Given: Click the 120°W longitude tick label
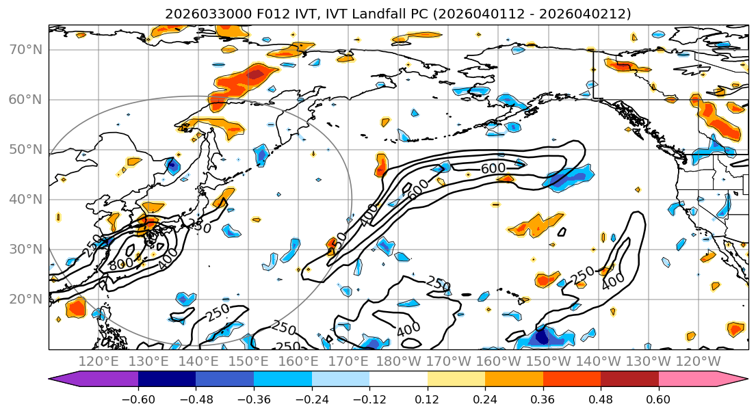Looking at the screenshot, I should click(x=697, y=361).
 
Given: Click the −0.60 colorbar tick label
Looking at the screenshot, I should click(x=138, y=399).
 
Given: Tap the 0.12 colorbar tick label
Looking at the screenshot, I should click(x=428, y=399).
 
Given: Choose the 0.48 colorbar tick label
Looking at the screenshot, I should click(x=601, y=399).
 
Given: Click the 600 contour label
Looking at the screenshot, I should click(x=493, y=168).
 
